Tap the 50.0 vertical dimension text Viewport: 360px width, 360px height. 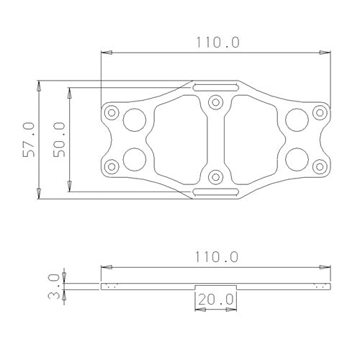tap(59, 139)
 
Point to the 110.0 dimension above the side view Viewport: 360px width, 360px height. tap(216, 256)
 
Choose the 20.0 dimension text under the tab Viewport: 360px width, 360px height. tap(216, 298)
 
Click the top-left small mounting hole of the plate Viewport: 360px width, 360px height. tap(110, 114)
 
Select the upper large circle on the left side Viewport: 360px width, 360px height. tap(134, 119)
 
